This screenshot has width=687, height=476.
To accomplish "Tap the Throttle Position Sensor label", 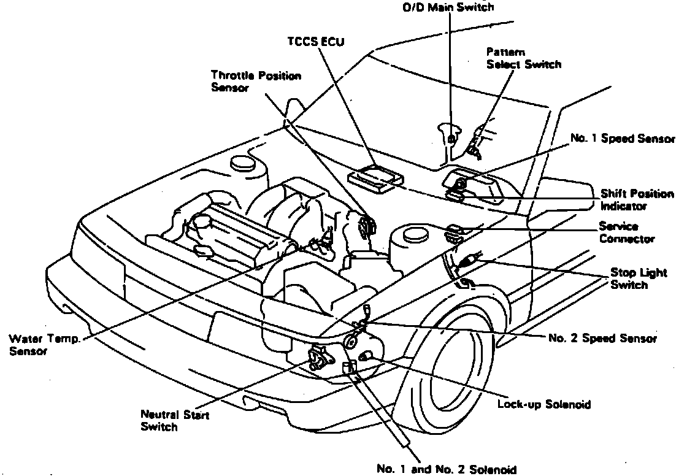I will coord(256,82).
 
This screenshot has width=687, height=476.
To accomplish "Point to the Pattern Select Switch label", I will coord(523,58).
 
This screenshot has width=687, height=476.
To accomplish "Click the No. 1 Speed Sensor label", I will coord(622,139).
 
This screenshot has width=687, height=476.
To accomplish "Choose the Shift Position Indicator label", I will coord(636,200).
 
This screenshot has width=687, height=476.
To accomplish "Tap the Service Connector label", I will coord(626,232).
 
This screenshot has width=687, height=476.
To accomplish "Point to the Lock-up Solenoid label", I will coord(543,404).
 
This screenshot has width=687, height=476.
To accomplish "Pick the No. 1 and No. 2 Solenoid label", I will coord(447,470).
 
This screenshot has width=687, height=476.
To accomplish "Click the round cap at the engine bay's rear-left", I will coord(242,164).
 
